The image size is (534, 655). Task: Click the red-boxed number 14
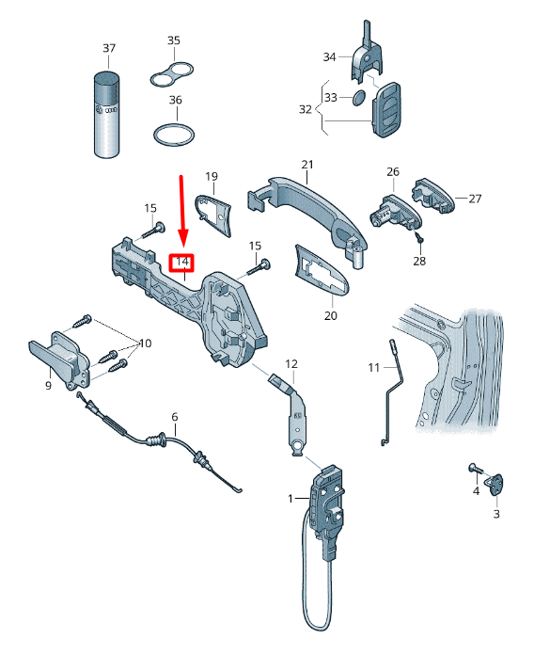pyautogui.click(x=181, y=262)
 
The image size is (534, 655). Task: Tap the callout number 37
pyautogui.click(x=109, y=48)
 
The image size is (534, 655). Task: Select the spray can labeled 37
pyautogui.click(x=106, y=116)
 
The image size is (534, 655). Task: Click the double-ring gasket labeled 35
pyautogui.click(x=171, y=74)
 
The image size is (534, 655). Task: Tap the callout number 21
pyautogui.click(x=307, y=164)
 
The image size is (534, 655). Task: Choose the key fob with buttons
pyautogui.click(x=386, y=109)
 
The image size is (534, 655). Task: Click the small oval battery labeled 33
pyautogui.click(x=359, y=97)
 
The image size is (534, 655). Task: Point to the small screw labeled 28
pyautogui.click(x=419, y=238)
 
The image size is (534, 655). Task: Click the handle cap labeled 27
pyautogui.click(x=433, y=196)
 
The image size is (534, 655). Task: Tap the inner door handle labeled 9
pyautogui.click(x=59, y=361)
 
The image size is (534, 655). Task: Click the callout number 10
pyautogui.click(x=145, y=343)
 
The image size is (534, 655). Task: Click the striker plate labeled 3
pyautogui.click(x=495, y=485)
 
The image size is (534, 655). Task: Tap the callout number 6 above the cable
pyautogui.click(x=174, y=417)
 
